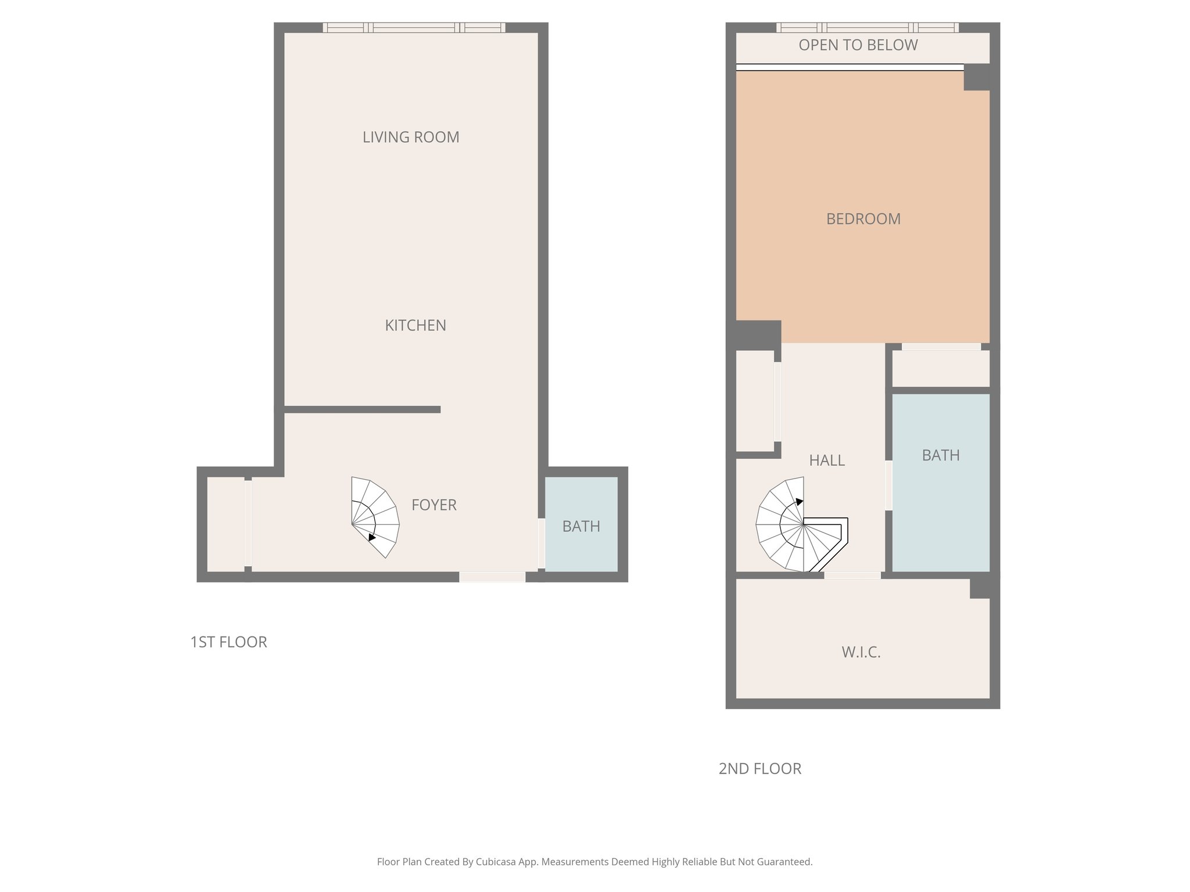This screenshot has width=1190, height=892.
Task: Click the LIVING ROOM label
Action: pyautogui.click(x=411, y=137)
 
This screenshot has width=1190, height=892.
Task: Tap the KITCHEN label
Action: pyautogui.click(x=415, y=325)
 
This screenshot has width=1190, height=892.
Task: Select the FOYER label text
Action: pyautogui.click(x=433, y=505)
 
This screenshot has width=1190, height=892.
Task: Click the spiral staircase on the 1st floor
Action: pyautogui.click(x=374, y=517)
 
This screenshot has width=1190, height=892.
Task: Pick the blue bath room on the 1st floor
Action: pyautogui.click(x=581, y=524)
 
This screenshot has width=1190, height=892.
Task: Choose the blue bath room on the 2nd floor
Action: pyautogui.click(x=940, y=482)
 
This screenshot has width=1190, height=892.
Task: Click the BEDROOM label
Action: pyautogui.click(x=863, y=219)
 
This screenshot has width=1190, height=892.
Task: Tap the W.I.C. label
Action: pyautogui.click(x=861, y=652)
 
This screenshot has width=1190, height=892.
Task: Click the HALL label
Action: pyautogui.click(x=826, y=461)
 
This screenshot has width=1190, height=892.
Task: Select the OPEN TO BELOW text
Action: pyautogui.click(x=858, y=45)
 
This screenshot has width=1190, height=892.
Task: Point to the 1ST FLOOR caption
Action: pyautogui.click(x=228, y=642)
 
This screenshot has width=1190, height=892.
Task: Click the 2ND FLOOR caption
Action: pyautogui.click(x=759, y=768)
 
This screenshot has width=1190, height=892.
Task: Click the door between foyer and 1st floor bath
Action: pyautogui.click(x=541, y=543)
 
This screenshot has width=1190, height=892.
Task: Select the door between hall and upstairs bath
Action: pyautogui.click(x=888, y=485)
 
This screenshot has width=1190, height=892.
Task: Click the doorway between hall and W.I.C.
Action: pyautogui.click(x=852, y=576)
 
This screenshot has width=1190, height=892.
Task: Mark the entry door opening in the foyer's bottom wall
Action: pyautogui.click(x=492, y=577)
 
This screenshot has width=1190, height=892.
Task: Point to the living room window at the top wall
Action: pyautogui.click(x=414, y=27)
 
